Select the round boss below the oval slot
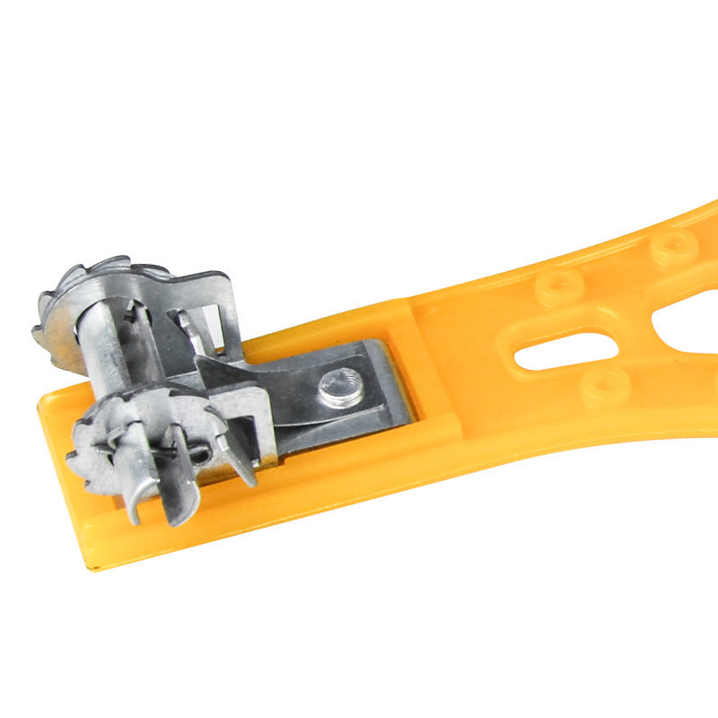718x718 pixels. tap(604, 388)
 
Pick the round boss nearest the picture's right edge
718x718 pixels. tap(674, 246)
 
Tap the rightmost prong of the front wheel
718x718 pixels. tap(238, 462)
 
